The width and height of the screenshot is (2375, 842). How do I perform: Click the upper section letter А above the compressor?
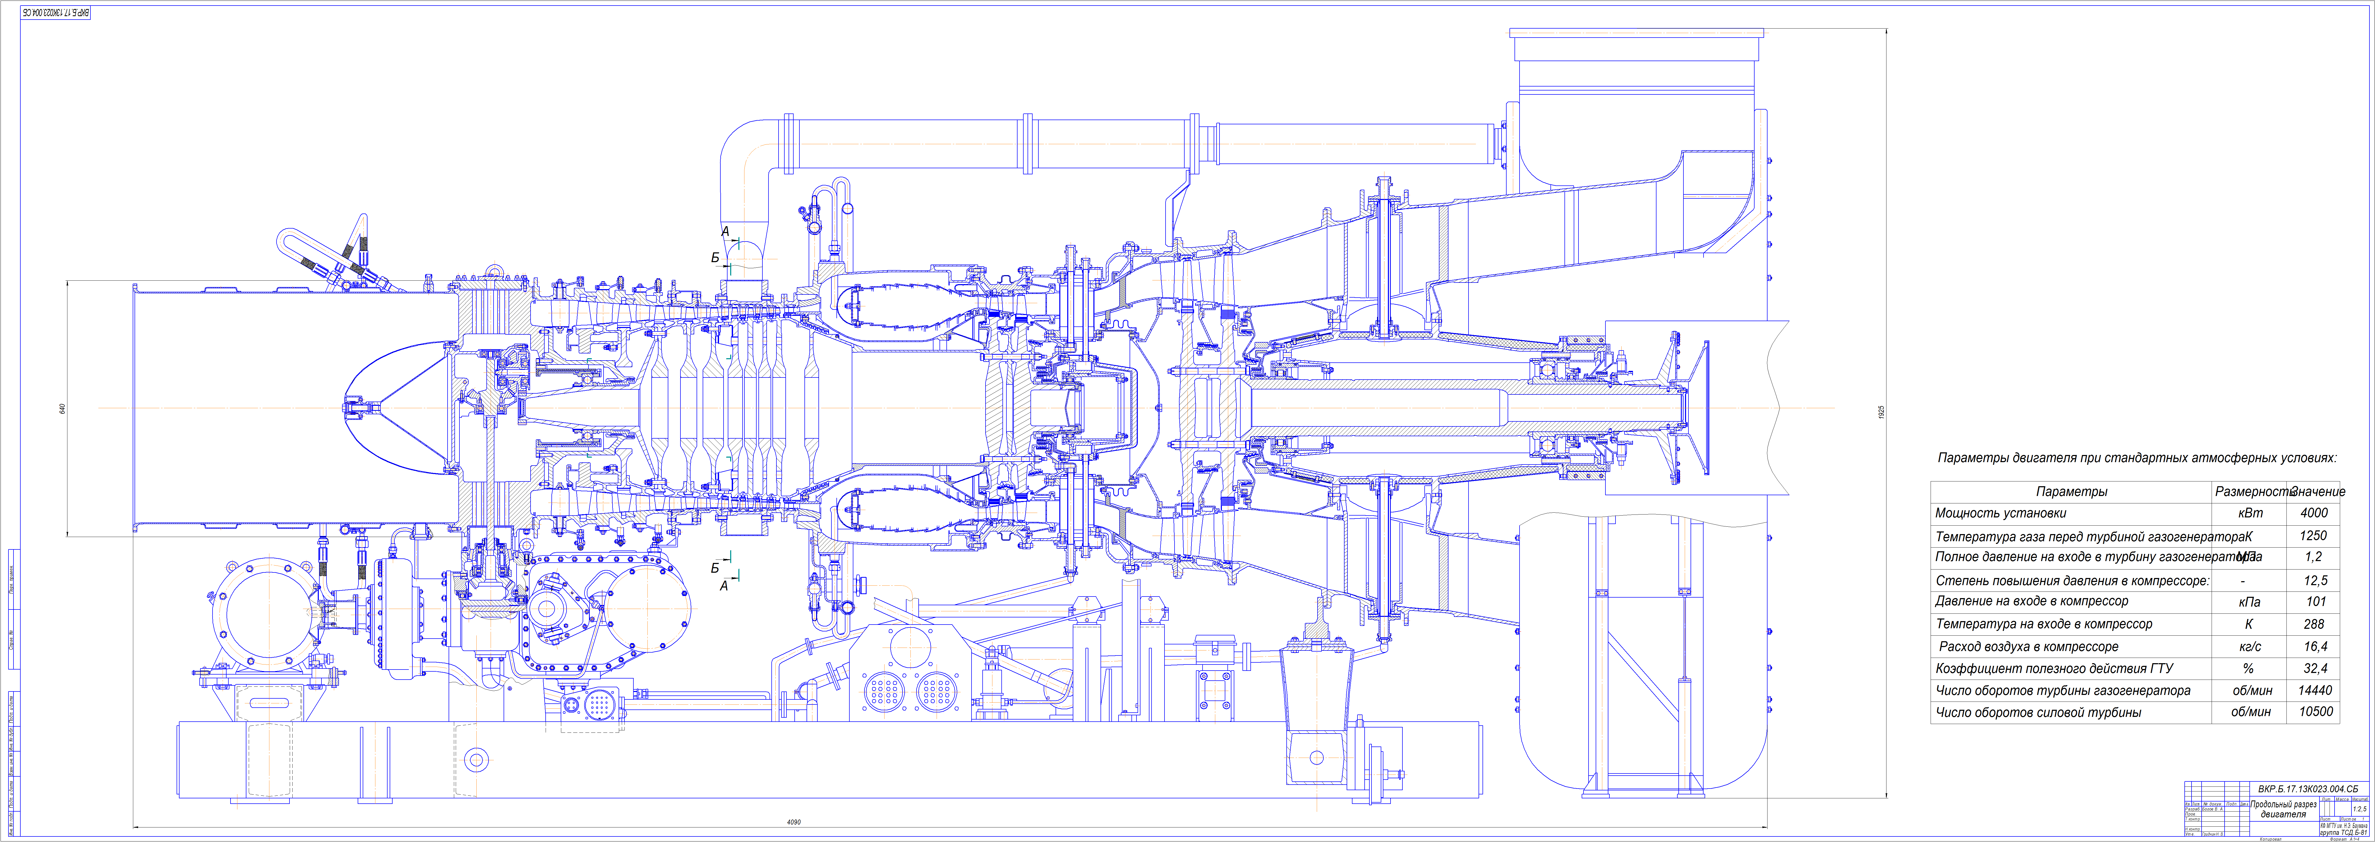click(725, 231)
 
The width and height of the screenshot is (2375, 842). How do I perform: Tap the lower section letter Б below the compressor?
click(715, 568)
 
